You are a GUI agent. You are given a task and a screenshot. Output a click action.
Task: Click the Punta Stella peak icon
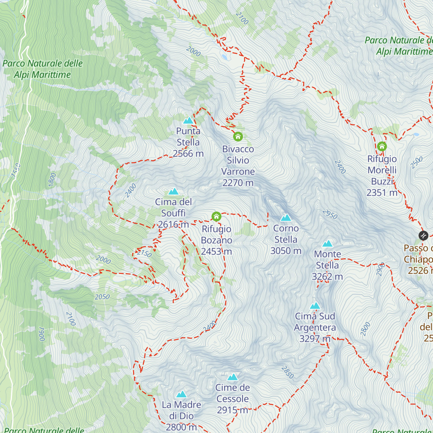click(188, 121)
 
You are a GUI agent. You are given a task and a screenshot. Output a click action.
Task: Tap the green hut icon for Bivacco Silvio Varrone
click(238, 137)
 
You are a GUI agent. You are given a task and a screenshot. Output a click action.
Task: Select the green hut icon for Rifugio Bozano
click(216, 216)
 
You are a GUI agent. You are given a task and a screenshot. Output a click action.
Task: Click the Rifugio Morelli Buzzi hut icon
click(382, 146)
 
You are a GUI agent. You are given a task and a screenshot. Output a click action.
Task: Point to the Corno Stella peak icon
click(286, 218)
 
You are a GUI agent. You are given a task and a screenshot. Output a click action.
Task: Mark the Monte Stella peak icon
click(327, 244)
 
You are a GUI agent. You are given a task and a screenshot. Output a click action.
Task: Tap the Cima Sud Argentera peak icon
click(315, 306)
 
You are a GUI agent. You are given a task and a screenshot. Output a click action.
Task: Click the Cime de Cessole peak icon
click(232, 377)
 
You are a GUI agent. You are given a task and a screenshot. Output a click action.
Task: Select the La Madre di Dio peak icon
click(181, 394)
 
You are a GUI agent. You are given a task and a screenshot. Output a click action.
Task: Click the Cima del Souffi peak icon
click(174, 191)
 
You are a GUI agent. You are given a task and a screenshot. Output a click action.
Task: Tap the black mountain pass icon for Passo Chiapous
click(423, 236)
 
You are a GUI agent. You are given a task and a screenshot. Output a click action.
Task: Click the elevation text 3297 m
click(315, 339)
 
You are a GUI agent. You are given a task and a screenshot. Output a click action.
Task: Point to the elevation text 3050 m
click(286, 251)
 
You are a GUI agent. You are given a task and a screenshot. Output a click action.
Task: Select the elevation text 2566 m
click(188, 154)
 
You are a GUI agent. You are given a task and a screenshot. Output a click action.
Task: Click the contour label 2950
click(330, 214)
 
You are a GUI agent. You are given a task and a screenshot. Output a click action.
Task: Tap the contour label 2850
click(287, 372)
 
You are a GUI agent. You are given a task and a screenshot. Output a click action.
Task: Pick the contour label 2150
click(144, 253)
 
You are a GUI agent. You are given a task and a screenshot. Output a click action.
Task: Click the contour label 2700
click(242, 18)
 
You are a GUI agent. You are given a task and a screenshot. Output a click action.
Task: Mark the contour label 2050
click(102, 297)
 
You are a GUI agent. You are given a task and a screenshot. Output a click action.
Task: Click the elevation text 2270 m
click(238, 183)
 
